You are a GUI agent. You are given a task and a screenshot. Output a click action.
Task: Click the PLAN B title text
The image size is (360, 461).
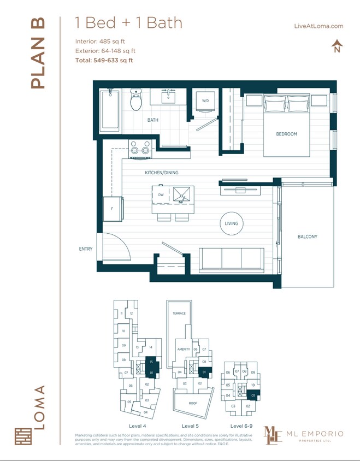pos(37,54)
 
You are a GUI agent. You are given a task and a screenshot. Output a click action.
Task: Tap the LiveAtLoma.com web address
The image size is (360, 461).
pos(318,26)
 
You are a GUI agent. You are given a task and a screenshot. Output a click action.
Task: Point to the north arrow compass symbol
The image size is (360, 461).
pos(337,46)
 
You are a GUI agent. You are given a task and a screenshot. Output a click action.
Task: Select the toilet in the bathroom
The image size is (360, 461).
pos(135,100)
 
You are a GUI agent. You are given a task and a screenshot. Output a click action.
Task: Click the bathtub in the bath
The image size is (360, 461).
pos(110,110)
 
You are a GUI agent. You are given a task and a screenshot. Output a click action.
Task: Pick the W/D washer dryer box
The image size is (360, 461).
pos(205,102)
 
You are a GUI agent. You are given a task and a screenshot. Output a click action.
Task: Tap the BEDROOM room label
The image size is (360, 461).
pos(286,134)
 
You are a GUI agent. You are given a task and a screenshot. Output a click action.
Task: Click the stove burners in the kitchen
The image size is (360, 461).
pos(140,148)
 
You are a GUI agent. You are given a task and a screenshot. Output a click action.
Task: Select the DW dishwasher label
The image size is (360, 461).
pos(161,194)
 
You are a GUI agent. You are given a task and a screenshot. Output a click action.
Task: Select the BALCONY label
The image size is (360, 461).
pos(307,237)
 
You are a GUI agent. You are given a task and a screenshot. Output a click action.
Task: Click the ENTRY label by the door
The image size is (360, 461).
pos(86,249)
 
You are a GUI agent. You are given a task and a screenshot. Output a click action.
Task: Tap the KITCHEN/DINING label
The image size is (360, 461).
pos(161,173)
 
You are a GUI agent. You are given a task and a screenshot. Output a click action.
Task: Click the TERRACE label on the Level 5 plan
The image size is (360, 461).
pos(179,314)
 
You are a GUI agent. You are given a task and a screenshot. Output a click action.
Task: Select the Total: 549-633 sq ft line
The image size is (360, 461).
pos(104,61)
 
